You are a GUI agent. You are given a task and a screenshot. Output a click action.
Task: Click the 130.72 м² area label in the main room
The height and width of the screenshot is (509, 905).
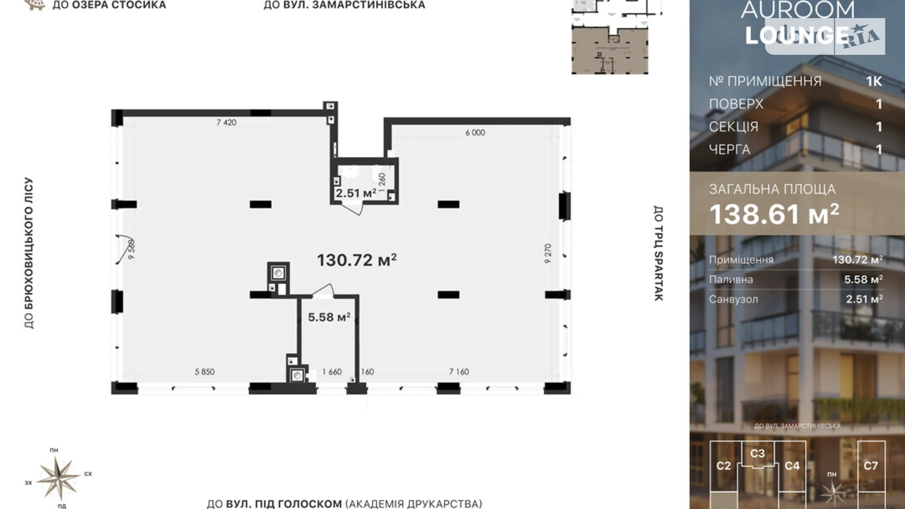357,260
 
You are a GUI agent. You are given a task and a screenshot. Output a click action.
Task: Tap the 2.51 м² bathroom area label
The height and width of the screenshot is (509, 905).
356,193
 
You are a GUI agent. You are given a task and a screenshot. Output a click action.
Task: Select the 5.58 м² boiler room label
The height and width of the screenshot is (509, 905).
329,317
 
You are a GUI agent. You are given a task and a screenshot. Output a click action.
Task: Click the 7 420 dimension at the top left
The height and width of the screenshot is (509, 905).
226,122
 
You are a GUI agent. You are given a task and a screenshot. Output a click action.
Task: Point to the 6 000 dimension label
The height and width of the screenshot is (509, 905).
475,133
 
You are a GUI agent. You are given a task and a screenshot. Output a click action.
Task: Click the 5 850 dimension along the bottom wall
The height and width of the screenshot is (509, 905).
204,372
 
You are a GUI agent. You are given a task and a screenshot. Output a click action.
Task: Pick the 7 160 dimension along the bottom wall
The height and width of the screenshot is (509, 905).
459,372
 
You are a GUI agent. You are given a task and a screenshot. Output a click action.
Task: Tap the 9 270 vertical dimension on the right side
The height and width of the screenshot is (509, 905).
548,254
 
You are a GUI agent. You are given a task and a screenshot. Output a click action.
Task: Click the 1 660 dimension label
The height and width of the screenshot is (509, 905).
332,372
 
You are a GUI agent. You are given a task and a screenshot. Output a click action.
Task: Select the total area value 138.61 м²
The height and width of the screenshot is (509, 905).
774,214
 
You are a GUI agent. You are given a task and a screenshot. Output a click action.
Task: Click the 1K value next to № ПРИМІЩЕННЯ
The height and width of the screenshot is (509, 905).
874,81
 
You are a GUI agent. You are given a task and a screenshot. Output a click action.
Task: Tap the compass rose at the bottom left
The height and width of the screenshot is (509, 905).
58,478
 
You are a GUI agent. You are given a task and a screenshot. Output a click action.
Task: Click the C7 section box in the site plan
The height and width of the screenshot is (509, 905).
871,466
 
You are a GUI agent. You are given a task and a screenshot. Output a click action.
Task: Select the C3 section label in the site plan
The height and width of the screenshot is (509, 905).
757,454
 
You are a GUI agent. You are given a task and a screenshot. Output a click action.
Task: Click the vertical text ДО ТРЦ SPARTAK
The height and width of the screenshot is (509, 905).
658,253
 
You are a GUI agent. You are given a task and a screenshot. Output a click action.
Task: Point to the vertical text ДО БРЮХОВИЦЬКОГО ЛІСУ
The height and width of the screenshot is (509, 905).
29,253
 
